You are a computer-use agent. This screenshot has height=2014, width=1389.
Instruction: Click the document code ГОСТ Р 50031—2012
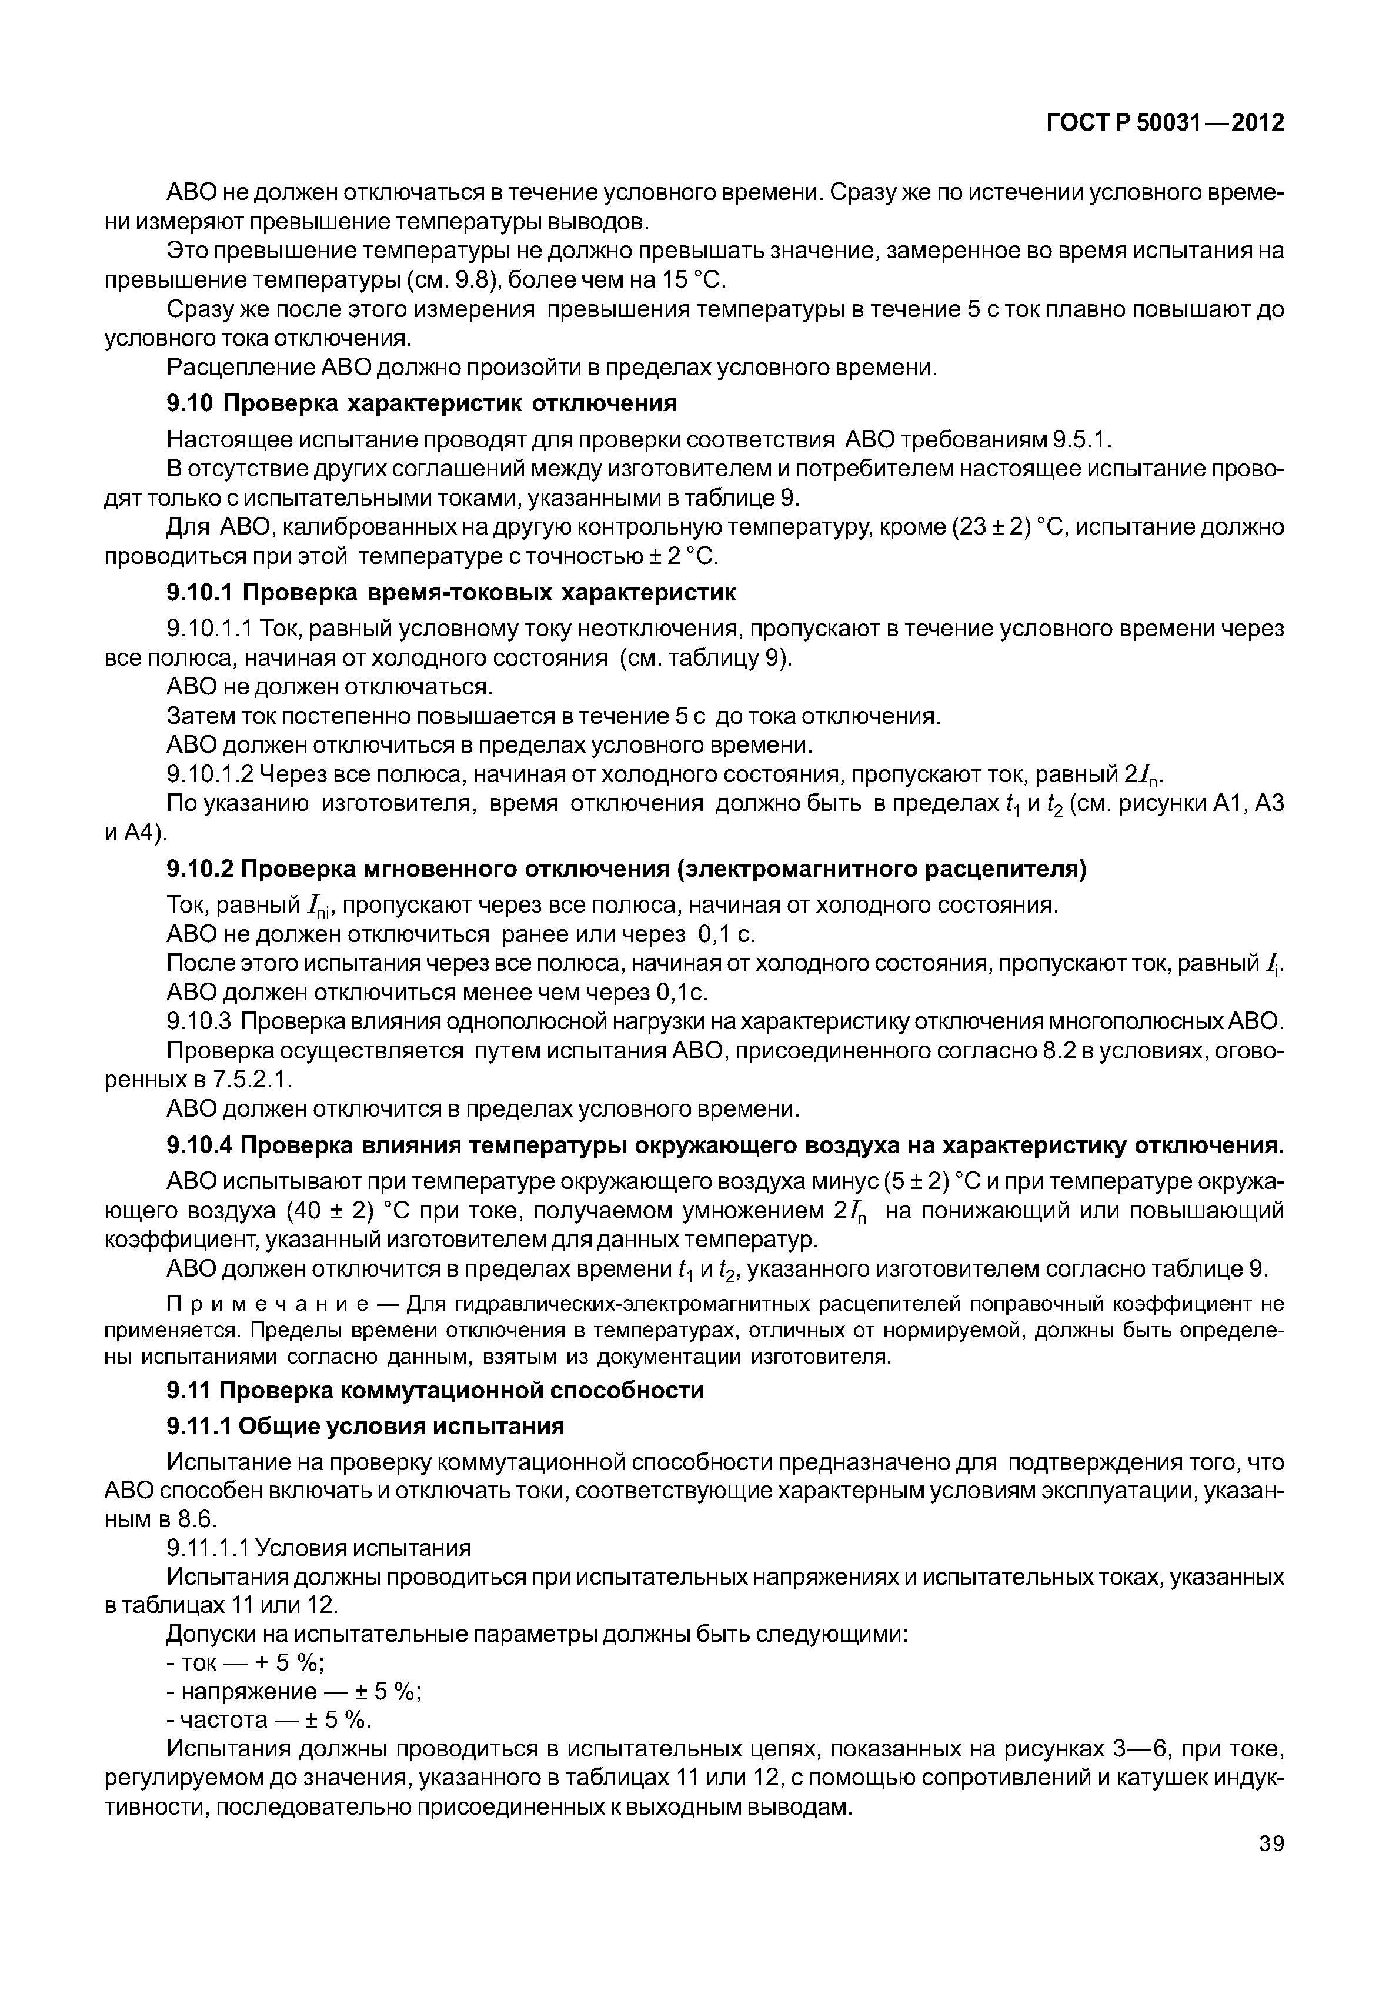[x=1164, y=123]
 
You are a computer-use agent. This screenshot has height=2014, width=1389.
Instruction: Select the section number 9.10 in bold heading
[x=191, y=404]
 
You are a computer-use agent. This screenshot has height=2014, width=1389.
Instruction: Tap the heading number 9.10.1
[x=199, y=593]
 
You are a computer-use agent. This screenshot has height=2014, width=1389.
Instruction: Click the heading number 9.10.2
[x=199, y=870]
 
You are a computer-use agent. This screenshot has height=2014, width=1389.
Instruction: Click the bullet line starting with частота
[x=269, y=1720]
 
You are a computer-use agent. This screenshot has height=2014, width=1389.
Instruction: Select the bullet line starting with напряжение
[x=294, y=1691]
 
